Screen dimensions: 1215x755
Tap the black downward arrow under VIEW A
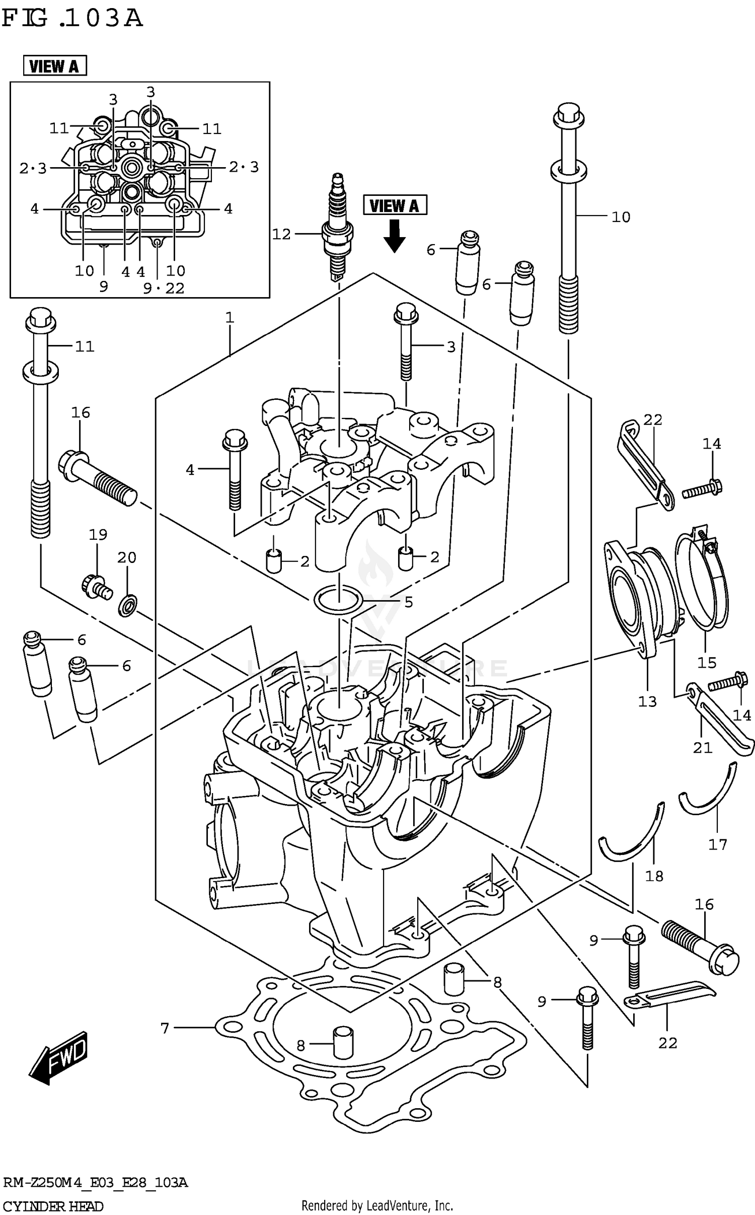click(x=394, y=237)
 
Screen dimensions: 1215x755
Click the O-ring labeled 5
click(x=338, y=599)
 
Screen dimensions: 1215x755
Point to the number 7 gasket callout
click(x=165, y=1028)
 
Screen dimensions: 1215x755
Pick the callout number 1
click(x=230, y=318)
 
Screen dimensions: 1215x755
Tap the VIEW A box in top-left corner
click(x=55, y=66)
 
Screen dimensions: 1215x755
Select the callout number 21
click(x=702, y=748)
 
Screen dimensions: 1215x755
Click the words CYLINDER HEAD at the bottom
click(x=53, y=1206)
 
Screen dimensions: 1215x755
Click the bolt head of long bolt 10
click(x=568, y=114)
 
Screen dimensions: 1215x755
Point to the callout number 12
click(x=281, y=234)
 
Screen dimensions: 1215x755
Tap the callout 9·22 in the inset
click(x=164, y=288)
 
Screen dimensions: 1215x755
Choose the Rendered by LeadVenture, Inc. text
click(x=377, y=1205)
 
